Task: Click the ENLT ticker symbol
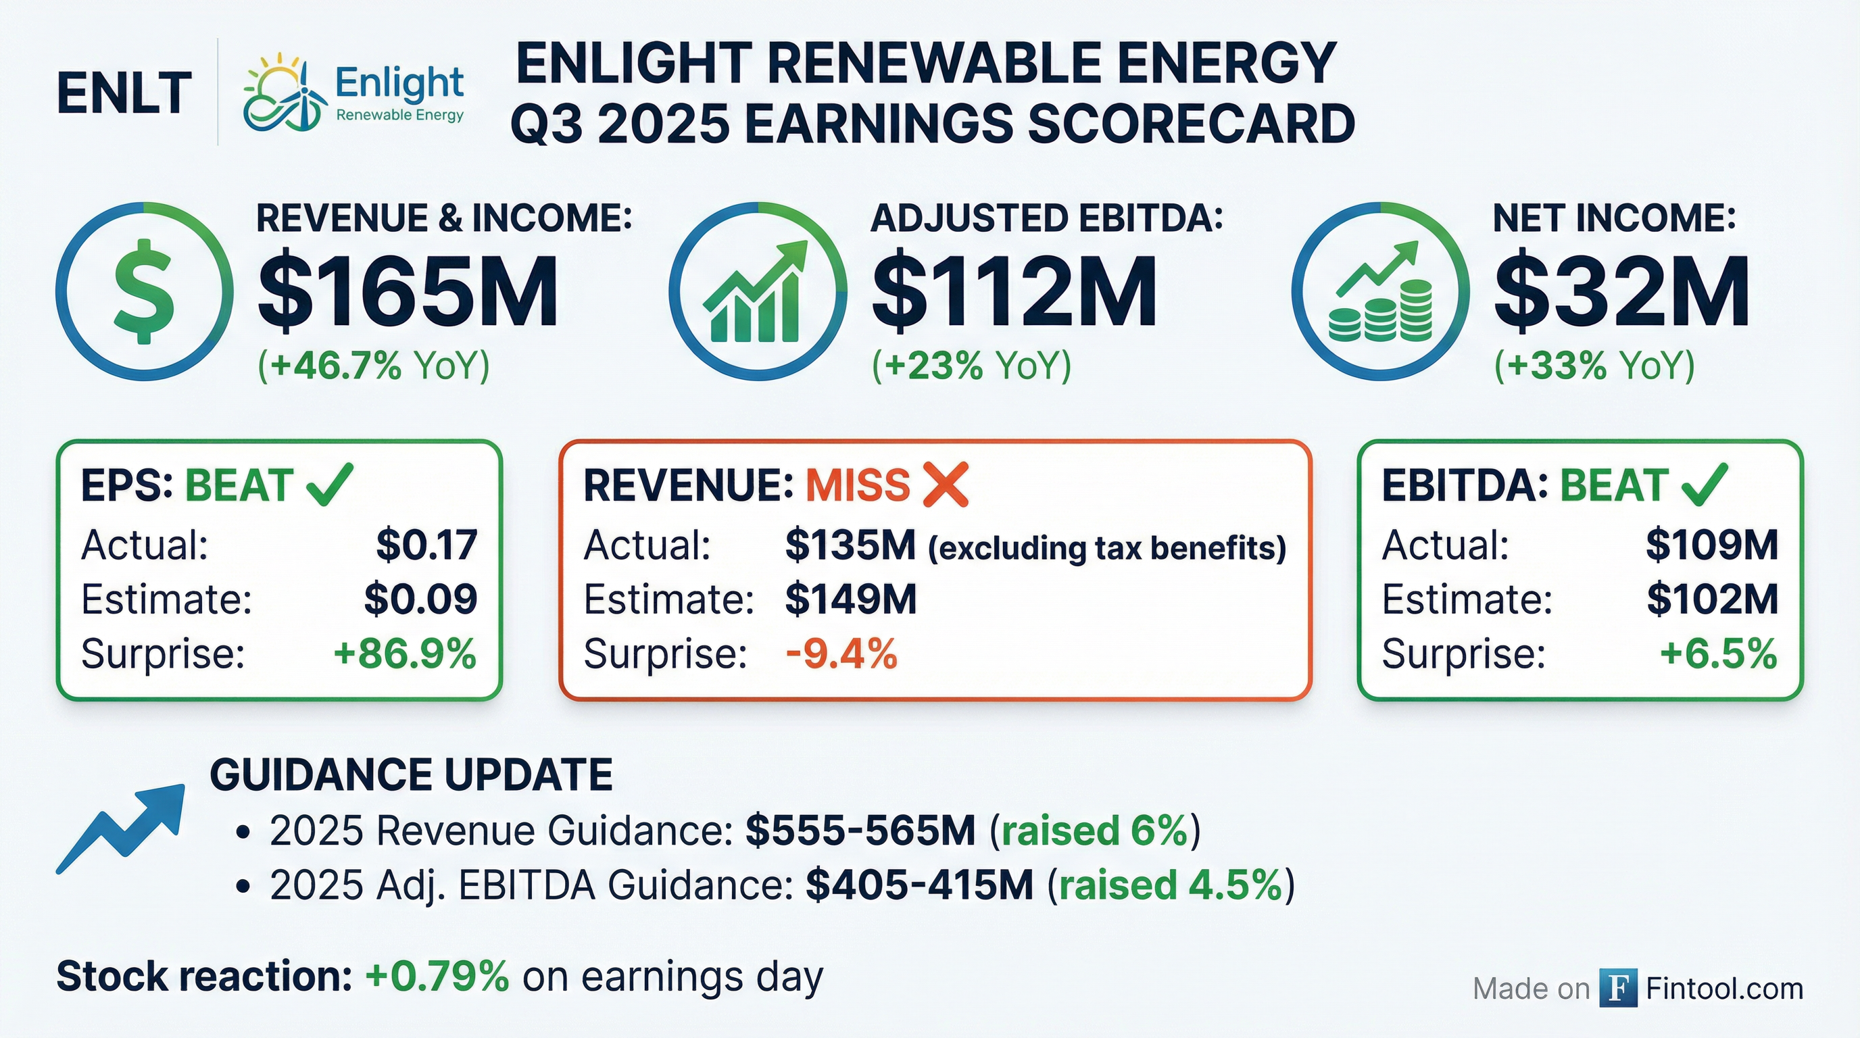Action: click(x=124, y=94)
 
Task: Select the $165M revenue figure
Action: click(x=408, y=293)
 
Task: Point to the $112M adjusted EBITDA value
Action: click(x=1014, y=293)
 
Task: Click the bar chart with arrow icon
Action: click(x=758, y=293)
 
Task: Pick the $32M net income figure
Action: click(x=1621, y=293)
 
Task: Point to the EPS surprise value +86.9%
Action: click(x=405, y=654)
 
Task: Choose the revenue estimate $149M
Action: click(x=850, y=599)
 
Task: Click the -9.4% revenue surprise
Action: click(x=841, y=654)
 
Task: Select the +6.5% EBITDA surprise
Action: click(x=1719, y=654)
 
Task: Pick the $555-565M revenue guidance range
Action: click(x=860, y=830)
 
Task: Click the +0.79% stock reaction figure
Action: click(x=437, y=977)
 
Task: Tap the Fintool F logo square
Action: click(x=1617, y=987)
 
